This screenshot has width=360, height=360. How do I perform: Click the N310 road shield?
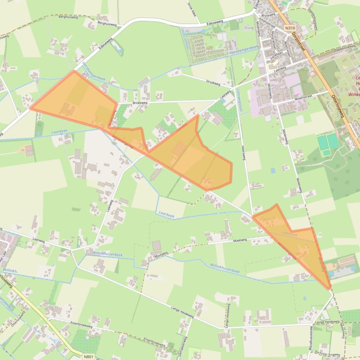click(x=290, y=28)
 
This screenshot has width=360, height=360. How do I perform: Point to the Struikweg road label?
click(x=213, y=82)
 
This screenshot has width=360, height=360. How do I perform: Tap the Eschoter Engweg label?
click(x=328, y=354)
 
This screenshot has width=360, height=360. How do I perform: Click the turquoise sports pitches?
click(x=327, y=142)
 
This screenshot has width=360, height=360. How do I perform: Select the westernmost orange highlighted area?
click(x=75, y=101)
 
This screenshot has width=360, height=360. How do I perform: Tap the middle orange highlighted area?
click(x=192, y=154)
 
